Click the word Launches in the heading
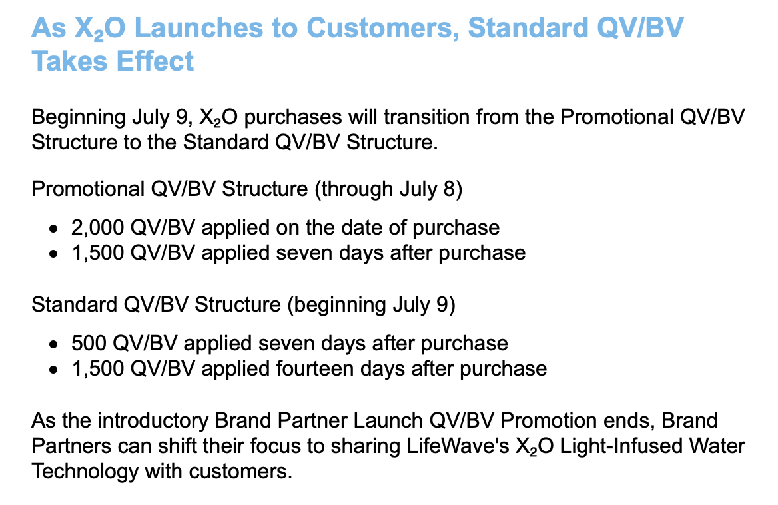[198, 27]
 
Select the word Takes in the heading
[69, 61]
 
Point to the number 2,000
[97, 228]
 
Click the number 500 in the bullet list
[89, 343]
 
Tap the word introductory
[153, 420]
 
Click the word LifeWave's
[458, 446]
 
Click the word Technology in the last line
[85, 471]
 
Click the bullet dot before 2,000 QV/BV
[53, 229]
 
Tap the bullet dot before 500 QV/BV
[53, 344]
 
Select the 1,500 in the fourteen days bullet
[97, 368]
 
